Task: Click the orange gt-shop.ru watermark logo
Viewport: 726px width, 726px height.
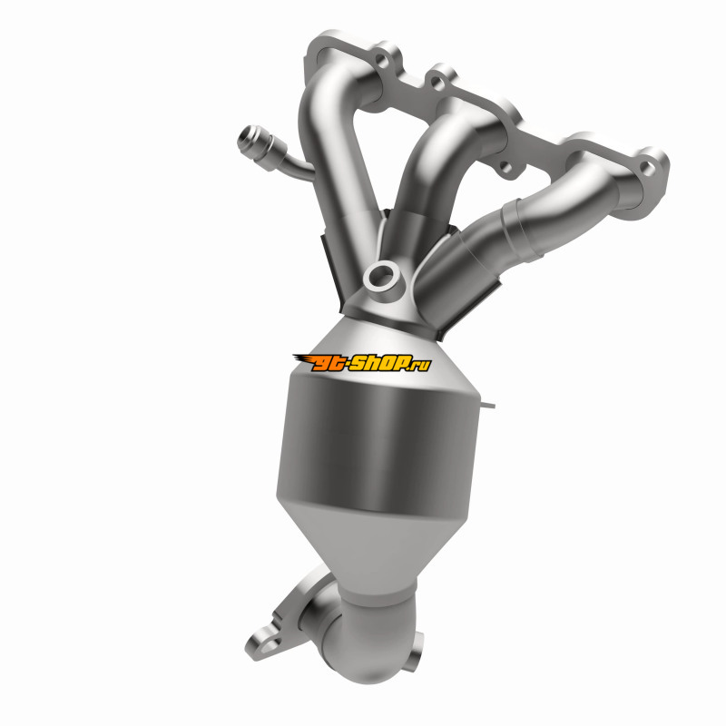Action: (362, 362)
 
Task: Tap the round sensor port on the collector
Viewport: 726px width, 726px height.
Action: (381, 277)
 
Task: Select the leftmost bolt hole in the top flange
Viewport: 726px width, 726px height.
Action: (381, 60)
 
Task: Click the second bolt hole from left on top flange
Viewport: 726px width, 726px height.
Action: (436, 83)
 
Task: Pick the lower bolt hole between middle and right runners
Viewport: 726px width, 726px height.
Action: (506, 167)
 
